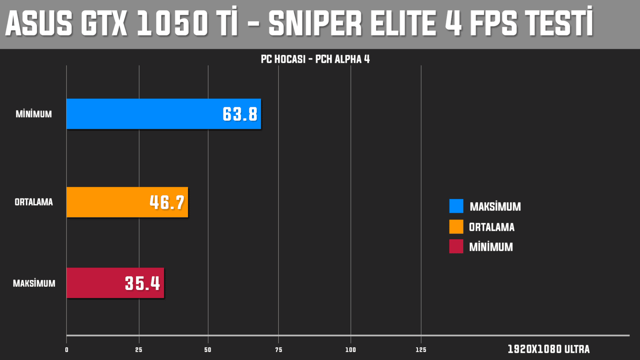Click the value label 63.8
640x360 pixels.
pos(240,114)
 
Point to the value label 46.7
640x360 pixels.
pos(167,202)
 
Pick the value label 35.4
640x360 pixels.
pos(142,284)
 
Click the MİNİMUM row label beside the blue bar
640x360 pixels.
pos(34,114)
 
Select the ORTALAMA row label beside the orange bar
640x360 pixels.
pos(34,202)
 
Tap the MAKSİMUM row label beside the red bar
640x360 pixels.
pos(34,284)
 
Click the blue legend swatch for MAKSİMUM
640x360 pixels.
pos(456,206)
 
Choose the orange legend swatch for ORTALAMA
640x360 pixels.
pos(456,226)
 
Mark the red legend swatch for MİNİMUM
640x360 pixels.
pos(456,246)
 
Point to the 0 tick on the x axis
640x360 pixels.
pos(67,350)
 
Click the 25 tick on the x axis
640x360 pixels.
pos(139,350)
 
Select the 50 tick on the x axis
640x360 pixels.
pos(208,350)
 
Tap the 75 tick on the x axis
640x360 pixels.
pos(279,350)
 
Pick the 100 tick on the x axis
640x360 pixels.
pos(351,350)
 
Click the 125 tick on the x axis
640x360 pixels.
pos(421,350)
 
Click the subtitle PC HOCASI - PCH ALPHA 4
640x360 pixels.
pos(315,59)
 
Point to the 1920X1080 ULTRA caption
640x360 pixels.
pos(548,349)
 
